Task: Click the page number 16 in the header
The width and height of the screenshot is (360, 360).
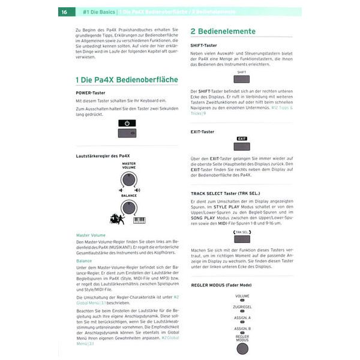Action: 64,11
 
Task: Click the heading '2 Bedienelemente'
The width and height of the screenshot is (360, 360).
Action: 223,31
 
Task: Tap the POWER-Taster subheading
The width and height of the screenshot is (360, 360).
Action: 91,92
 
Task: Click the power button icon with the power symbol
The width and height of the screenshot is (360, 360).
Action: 127,122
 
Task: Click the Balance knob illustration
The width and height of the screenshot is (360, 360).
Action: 128,207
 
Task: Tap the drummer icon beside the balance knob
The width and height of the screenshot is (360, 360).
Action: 117,219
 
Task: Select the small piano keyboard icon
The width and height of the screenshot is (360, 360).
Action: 139,220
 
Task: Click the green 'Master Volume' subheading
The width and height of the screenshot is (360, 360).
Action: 91,235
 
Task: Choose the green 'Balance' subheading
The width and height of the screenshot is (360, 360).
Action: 84,261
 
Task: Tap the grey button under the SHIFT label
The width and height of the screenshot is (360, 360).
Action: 241,80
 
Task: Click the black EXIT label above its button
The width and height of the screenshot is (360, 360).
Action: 241,138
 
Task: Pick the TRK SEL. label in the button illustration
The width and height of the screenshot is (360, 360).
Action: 241,232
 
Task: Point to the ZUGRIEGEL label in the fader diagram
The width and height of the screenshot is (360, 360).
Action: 242,307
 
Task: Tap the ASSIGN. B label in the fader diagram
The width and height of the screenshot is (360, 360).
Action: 242,329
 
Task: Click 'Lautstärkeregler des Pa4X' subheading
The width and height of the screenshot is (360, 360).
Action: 103,155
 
